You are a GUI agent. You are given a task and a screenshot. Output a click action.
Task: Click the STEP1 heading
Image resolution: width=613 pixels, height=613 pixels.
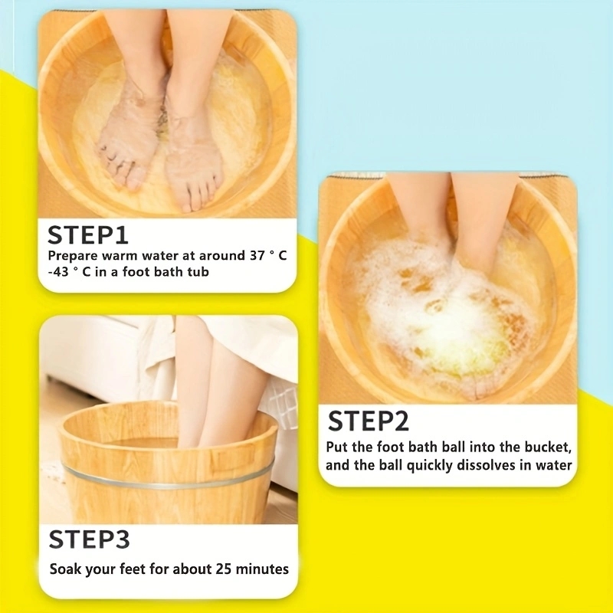click(x=87, y=234)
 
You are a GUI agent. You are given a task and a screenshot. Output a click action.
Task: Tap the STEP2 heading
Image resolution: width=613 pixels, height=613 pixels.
click(x=369, y=421)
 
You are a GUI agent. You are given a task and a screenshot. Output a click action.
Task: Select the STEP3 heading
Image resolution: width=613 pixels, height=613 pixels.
click(x=89, y=539)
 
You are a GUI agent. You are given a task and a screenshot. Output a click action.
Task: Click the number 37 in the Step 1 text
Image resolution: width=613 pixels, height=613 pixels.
click(x=257, y=255)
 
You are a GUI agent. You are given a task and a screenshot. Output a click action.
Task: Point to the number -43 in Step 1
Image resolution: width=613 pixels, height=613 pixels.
click(x=58, y=271)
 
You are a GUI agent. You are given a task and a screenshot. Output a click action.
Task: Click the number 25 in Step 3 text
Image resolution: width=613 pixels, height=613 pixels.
click(x=223, y=569)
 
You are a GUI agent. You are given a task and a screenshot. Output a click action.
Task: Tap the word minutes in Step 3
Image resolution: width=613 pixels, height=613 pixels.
click(x=262, y=569)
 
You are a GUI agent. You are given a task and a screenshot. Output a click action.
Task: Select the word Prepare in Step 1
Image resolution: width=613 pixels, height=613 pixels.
click(x=73, y=256)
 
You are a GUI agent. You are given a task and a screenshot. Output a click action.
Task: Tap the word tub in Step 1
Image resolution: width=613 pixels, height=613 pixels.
click(x=198, y=271)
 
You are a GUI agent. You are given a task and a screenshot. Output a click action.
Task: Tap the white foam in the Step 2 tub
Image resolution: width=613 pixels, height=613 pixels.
click(x=442, y=309)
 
